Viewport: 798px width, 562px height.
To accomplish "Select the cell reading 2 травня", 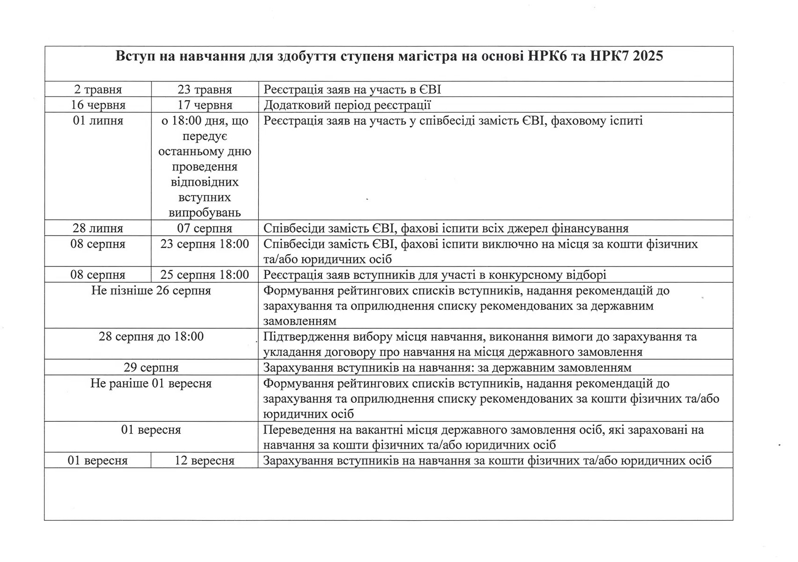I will [98, 89].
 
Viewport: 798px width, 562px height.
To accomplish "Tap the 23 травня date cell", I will [205, 89].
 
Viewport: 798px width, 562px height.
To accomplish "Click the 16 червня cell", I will [98, 105].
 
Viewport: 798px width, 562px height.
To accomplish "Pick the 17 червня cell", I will [205, 105].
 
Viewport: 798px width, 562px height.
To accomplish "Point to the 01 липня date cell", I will [98, 121].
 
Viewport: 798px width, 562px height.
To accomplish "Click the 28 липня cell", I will [98, 229].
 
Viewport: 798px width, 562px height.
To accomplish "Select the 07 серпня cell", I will [205, 229].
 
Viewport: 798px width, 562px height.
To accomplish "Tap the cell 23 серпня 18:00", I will [205, 244].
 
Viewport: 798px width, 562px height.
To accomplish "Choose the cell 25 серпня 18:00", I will [205, 274].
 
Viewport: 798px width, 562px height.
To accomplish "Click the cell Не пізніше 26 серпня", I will [151, 291].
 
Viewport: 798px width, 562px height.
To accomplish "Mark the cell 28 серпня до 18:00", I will [151, 337].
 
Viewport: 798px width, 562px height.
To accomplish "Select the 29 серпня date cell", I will [151, 368].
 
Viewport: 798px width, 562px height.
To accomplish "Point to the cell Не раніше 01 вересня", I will [151, 384].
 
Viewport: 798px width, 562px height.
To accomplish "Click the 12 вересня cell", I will [205, 460].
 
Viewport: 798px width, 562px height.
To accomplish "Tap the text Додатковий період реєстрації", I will [347, 105].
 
